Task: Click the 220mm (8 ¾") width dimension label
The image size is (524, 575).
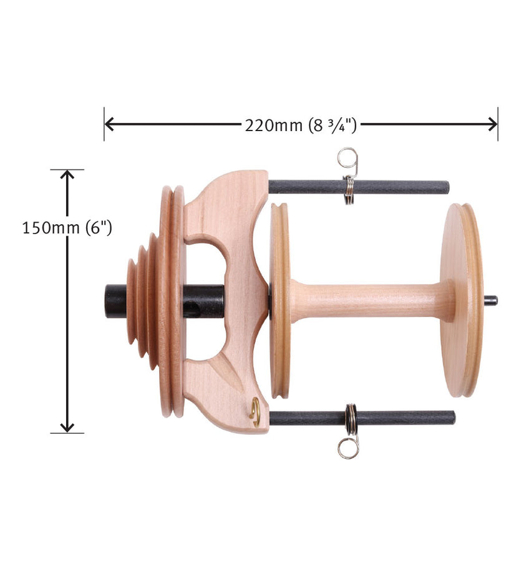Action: [301, 125]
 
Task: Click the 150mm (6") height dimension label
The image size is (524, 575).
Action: [67, 228]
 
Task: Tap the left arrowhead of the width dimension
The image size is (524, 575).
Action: [110, 124]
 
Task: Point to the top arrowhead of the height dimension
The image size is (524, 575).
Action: [67, 175]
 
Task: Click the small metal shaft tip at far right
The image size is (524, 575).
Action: [492, 300]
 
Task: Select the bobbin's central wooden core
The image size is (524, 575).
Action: [368, 300]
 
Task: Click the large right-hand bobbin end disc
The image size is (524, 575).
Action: [462, 300]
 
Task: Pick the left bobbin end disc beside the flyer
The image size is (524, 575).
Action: [280, 300]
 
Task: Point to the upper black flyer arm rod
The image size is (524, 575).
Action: [387, 187]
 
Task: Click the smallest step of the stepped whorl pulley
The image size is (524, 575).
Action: [130, 301]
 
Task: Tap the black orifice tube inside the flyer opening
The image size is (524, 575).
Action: [203, 301]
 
